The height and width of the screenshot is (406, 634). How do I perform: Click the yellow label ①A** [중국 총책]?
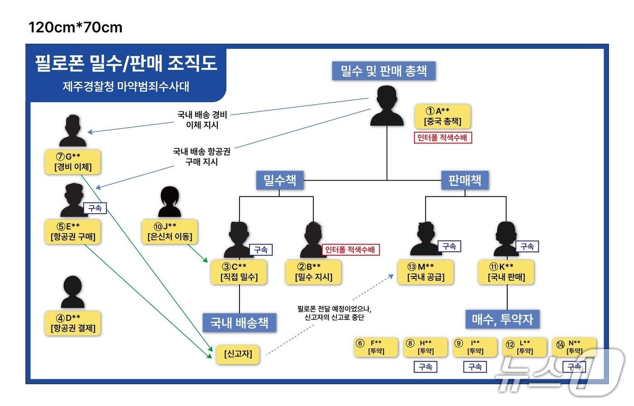tap(442, 116)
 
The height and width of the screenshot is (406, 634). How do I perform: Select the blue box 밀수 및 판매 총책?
tap(384, 71)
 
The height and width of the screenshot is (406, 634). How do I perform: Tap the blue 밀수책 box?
tap(280, 180)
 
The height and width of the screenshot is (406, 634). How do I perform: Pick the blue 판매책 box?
tap(465, 180)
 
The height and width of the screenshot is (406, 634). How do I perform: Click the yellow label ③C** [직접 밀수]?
tap(239, 272)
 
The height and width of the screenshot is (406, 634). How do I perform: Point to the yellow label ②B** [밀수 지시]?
tap(313, 272)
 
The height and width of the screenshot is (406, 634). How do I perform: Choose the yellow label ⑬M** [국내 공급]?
tap(426, 272)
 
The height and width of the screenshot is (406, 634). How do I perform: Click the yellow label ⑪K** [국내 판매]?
tap(506, 272)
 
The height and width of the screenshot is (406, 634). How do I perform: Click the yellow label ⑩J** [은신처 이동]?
tap(170, 231)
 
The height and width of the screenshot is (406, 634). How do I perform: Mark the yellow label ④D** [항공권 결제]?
tap(73, 323)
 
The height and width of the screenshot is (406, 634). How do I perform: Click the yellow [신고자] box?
tap(238, 353)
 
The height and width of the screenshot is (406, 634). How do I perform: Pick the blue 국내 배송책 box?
tap(239, 322)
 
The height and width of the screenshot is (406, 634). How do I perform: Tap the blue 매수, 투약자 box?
tap(502, 319)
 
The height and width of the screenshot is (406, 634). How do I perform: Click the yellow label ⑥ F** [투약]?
tap(376, 347)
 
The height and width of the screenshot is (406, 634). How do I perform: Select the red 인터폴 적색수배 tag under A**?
tap(443, 138)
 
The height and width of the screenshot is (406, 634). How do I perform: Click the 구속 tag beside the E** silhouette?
tap(95, 208)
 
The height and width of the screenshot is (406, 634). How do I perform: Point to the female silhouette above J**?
tap(169, 202)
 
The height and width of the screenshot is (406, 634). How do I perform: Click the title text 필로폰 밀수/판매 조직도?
tap(126, 63)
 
